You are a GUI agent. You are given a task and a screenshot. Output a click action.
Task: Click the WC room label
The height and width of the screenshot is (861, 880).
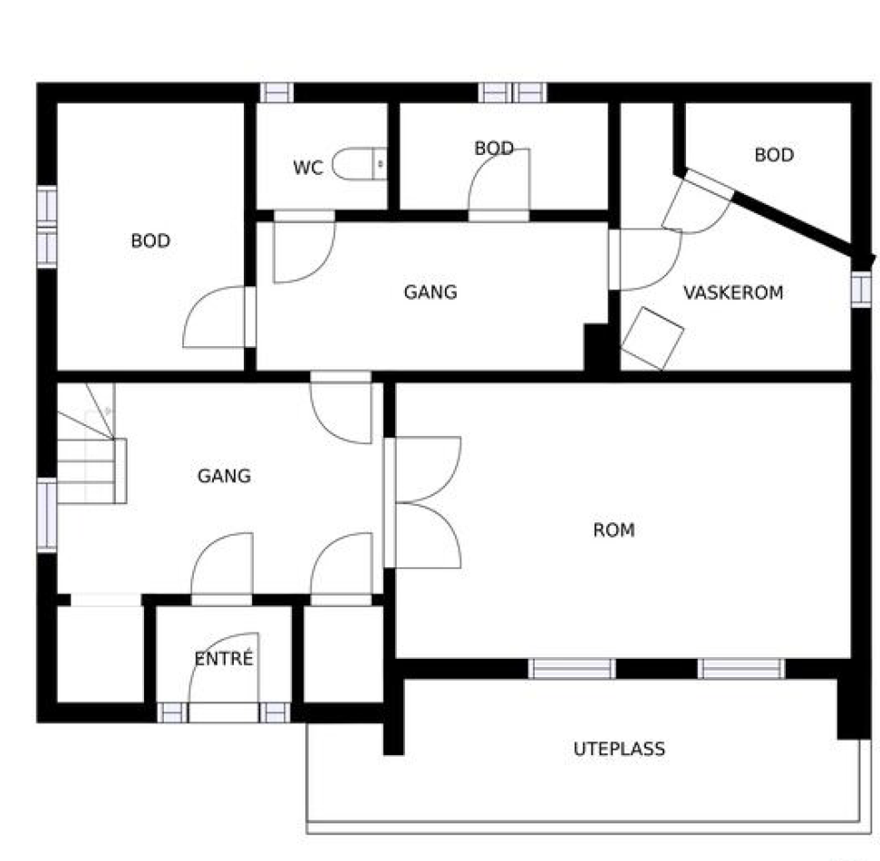[x=308, y=168]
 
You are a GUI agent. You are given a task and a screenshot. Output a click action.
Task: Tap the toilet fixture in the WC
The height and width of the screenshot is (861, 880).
[x=360, y=164]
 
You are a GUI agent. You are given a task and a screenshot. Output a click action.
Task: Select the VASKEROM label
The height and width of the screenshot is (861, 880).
[x=733, y=293]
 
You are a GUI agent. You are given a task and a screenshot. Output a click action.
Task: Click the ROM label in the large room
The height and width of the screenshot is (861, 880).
[x=614, y=530]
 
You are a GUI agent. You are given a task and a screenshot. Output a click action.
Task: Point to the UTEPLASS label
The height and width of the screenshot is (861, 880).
[x=619, y=749]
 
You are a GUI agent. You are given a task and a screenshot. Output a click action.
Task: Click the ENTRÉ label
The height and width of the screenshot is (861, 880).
[x=224, y=658]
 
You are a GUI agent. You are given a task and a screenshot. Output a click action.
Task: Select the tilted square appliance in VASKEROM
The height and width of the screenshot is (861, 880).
[x=653, y=339]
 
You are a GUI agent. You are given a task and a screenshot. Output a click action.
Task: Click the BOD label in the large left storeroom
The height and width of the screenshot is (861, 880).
[x=150, y=241]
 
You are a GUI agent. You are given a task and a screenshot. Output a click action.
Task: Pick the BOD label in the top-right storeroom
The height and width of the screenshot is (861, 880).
[x=774, y=155]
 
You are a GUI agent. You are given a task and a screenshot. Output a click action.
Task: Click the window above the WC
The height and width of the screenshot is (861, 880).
[x=276, y=92]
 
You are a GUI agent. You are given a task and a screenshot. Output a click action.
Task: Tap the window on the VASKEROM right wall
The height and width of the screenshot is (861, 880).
[x=861, y=289]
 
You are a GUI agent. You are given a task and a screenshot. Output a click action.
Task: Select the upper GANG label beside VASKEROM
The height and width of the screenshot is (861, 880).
[x=430, y=292]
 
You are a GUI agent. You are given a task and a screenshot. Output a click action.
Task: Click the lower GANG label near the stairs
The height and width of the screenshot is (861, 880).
[x=224, y=476]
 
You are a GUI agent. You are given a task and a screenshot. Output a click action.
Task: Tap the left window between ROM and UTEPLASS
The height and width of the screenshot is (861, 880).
[x=572, y=669]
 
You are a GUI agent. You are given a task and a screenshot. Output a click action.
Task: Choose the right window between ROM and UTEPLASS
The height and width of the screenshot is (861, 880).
[x=741, y=669]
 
